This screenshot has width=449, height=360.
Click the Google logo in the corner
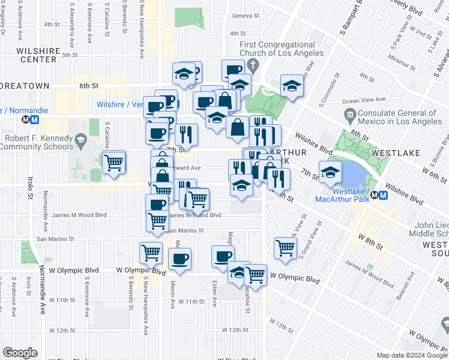pos(20,353)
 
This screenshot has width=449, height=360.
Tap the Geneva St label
pos(246,16)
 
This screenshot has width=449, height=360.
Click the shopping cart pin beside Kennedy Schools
pos(113,163)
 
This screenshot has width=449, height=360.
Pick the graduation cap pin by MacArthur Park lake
pos(330,173)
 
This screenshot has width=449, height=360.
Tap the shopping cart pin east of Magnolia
pos(285,247)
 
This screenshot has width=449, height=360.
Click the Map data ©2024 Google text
pos(411,355)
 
